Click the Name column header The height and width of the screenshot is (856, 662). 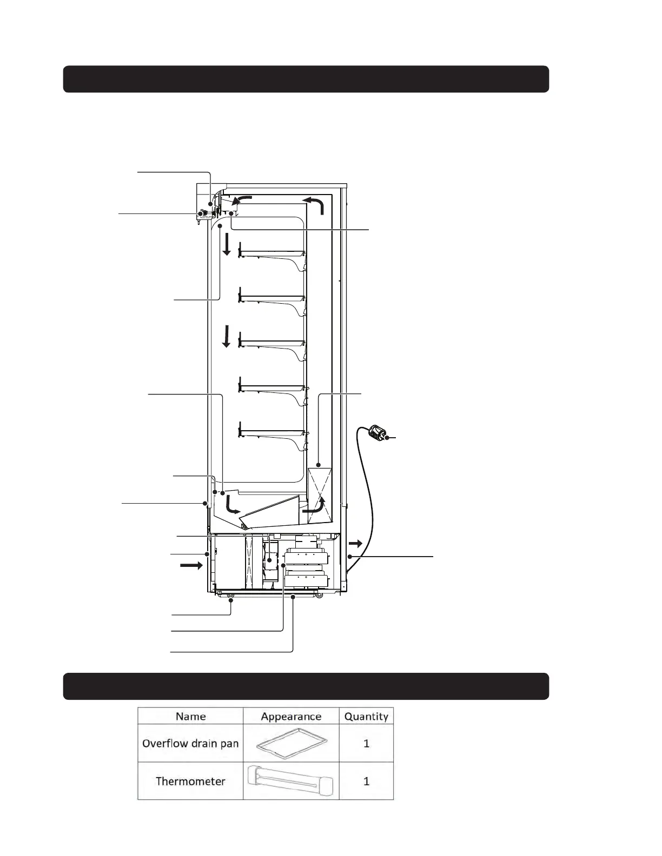pos(190,717)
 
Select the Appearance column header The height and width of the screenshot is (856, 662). pos(291,717)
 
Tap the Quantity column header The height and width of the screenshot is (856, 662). pos(366,717)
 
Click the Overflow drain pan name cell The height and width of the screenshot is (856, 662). pos(190,743)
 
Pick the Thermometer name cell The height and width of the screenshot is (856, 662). pos(190,781)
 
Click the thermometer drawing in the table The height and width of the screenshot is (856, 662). pos(291,781)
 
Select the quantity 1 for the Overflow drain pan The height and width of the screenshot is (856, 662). pos(366,743)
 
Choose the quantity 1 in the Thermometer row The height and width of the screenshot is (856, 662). pos(366,781)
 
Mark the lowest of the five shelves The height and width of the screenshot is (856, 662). pos(273,432)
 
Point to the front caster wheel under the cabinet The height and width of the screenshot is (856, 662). pos(231,596)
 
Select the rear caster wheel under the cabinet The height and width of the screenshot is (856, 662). pos(319,595)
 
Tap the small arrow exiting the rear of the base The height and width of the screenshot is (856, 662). pos(355,543)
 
